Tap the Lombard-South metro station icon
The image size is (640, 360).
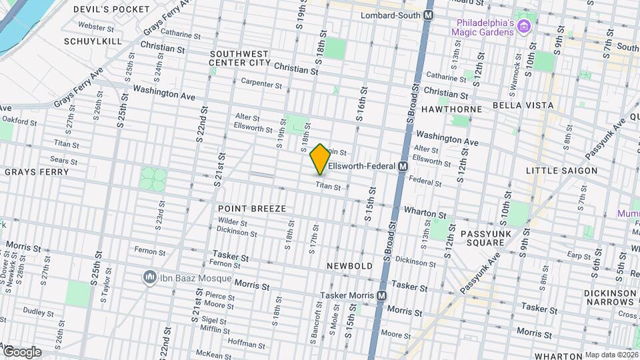click(428, 15)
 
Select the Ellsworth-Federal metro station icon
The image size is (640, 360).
click(403, 166)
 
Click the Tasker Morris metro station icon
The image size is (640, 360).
click(381, 295)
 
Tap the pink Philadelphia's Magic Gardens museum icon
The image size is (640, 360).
click(524, 27)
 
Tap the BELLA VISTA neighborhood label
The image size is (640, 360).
click(523, 105)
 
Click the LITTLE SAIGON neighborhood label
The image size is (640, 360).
click(561, 171)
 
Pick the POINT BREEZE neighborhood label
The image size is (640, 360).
click(252, 209)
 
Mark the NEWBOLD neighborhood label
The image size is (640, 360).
click(349, 266)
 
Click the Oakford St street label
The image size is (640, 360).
click(19, 121)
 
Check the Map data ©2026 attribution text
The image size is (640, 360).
click(611, 355)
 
